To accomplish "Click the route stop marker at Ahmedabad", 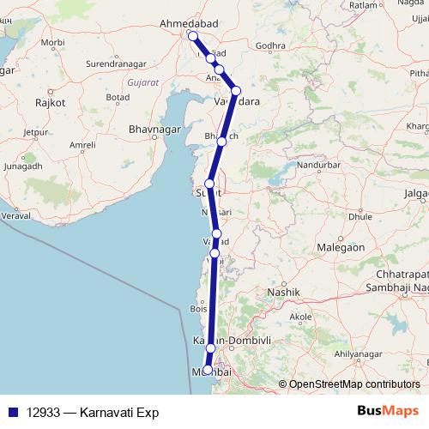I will [192, 36].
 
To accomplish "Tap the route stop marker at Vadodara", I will [236, 91].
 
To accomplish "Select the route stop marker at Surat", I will [208, 184].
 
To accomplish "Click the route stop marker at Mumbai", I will [206, 370].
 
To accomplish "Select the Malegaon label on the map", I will [341, 246].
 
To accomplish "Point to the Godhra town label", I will [269, 45].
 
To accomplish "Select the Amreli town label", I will [82, 145].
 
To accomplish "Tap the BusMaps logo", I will [388, 412].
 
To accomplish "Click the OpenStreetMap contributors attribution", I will [353, 384].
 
